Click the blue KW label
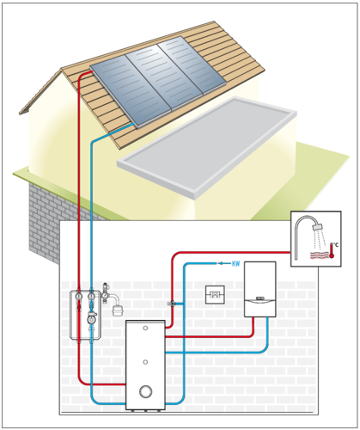[235, 264]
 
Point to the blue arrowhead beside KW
[220, 263]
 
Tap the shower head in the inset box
[317, 226]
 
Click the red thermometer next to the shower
[332, 250]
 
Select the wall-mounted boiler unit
[260, 289]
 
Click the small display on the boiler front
[260, 298]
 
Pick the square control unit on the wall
[215, 295]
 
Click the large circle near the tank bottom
[146, 391]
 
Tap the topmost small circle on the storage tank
[145, 328]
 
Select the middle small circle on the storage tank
[145, 362]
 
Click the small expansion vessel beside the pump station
[117, 310]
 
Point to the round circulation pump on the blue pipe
[92, 319]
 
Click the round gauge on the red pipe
[79, 297]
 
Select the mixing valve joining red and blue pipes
[172, 304]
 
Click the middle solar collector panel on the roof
[163, 77]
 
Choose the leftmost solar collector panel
[129, 91]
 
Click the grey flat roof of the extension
[207, 148]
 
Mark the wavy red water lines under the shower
[319, 255]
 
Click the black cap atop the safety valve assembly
[105, 285]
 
